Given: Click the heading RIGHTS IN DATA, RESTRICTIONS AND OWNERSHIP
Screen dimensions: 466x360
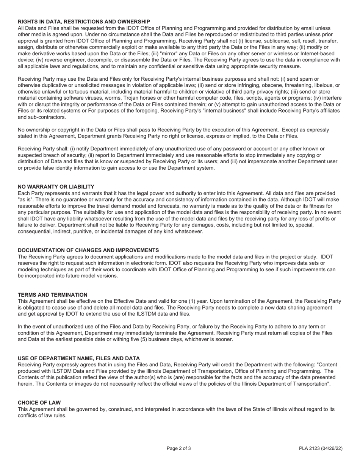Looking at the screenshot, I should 84,22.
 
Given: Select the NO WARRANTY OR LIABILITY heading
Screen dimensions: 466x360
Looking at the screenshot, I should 56,187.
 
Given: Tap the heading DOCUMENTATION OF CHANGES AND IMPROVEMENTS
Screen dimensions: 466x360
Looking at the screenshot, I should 88,250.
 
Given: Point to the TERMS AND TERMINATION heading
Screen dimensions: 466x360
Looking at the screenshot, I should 53,295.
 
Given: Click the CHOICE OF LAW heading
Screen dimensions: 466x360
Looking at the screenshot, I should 39,402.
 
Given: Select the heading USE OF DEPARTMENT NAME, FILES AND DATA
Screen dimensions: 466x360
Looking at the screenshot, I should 79,358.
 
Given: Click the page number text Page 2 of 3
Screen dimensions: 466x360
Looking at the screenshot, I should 179,449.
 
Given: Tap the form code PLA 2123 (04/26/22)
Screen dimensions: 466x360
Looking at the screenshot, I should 321,449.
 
